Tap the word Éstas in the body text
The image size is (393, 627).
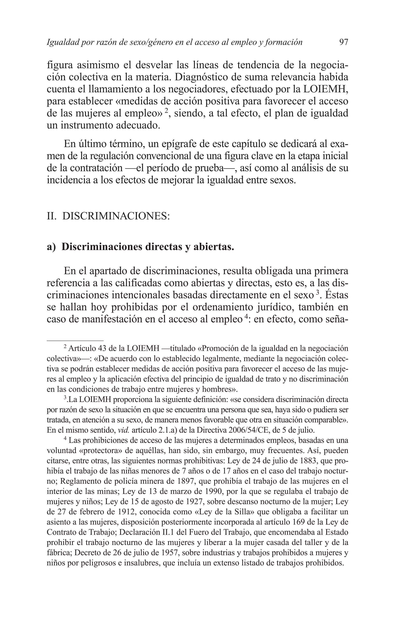tap(337, 295)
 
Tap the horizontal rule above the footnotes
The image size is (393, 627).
tap(75, 340)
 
